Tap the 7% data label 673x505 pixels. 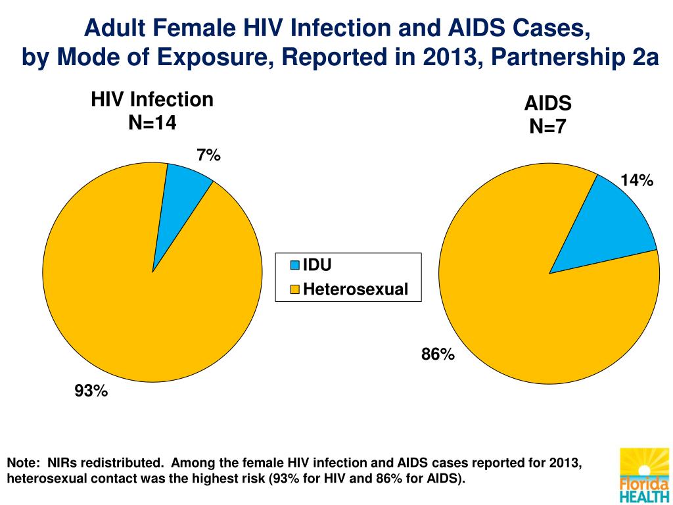(x=208, y=155)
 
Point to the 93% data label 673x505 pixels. (x=91, y=391)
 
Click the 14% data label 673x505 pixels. (x=636, y=180)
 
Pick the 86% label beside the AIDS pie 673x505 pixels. (x=438, y=354)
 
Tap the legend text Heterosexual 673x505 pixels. (x=356, y=289)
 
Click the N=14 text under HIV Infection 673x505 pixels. (x=152, y=122)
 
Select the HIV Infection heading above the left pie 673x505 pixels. (x=152, y=100)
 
